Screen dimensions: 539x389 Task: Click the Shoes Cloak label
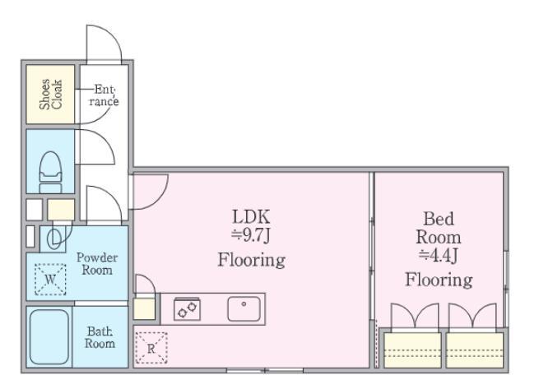pyautogui.click(x=50, y=94)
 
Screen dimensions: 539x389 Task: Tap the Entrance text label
pyautogui.click(x=104, y=95)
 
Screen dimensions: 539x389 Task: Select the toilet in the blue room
pyautogui.click(x=50, y=172)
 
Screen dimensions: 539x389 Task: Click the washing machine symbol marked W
pyautogui.click(x=50, y=279)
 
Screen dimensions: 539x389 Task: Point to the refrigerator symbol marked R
pyautogui.click(x=151, y=348)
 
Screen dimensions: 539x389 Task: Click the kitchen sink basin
pyautogui.click(x=244, y=308)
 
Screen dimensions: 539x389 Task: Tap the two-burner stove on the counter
pyautogui.click(x=187, y=308)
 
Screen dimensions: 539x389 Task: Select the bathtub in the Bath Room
pyautogui.click(x=49, y=336)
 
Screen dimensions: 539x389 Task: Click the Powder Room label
pyautogui.click(x=97, y=263)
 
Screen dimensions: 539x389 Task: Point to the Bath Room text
pyautogui.click(x=100, y=337)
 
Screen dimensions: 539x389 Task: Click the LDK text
pyautogui.click(x=251, y=217)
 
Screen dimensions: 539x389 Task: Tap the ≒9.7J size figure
pyautogui.click(x=251, y=235)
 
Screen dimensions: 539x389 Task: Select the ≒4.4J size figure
pyautogui.click(x=439, y=255)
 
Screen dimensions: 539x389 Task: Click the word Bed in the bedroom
pyautogui.click(x=439, y=219)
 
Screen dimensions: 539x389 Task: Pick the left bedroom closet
pyautogui.click(x=412, y=350)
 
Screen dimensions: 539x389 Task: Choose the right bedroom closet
pyautogui.click(x=475, y=350)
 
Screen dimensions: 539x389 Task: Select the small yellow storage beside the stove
pyautogui.click(x=144, y=308)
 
